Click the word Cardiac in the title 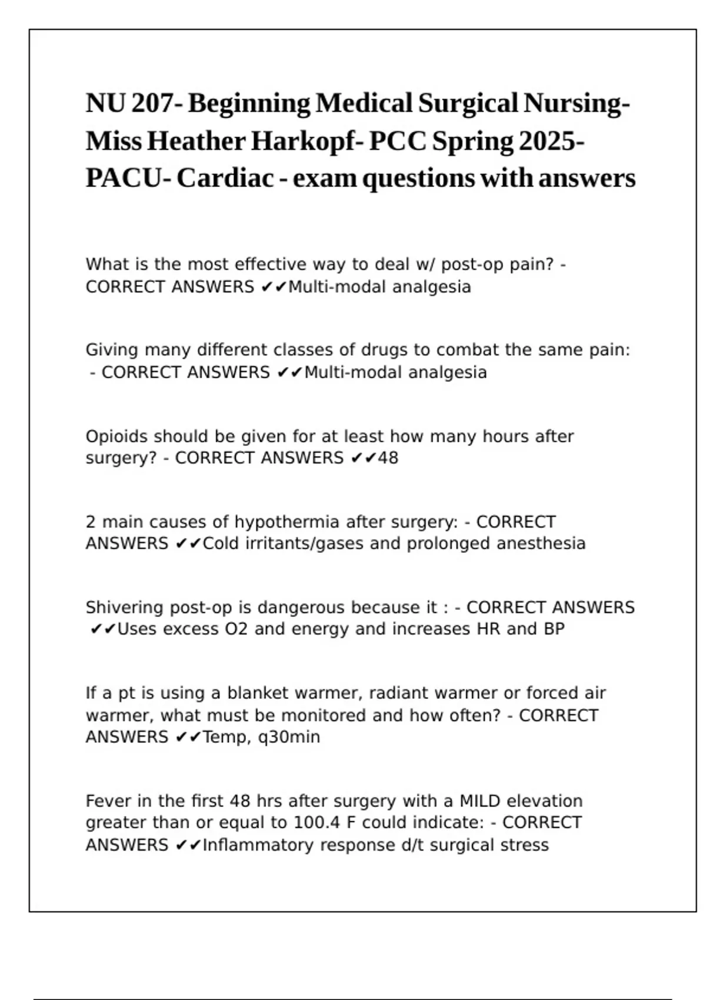225,178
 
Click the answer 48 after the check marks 388,458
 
